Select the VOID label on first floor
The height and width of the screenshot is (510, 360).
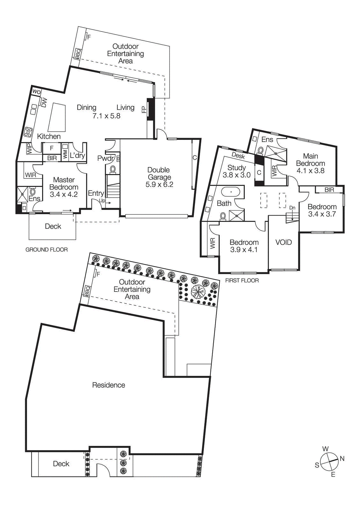click(x=284, y=242)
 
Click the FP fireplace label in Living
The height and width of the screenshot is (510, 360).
click(x=144, y=110)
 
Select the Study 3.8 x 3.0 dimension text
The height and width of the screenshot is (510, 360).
click(x=236, y=175)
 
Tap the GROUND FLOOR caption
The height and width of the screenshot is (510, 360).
click(x=47, y=250)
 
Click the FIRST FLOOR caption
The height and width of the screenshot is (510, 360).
click(x=242, y=280)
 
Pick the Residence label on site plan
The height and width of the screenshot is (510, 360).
click(x=109, y=385)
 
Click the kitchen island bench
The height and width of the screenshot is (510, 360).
click(x=57, y=117)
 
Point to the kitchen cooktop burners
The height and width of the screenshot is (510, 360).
click(x=28, y=132)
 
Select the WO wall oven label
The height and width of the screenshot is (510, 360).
click(x=36, y=92)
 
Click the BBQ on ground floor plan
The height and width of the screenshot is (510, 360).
click(x=78, y=54)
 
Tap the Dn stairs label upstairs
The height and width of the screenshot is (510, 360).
click(x=292, y=208)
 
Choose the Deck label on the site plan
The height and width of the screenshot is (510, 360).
click(x=61, y=464)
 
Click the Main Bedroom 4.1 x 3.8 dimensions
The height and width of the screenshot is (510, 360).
click(x=310, y=171)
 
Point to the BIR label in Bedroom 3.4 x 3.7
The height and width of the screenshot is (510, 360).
click(x=329, y=190)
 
